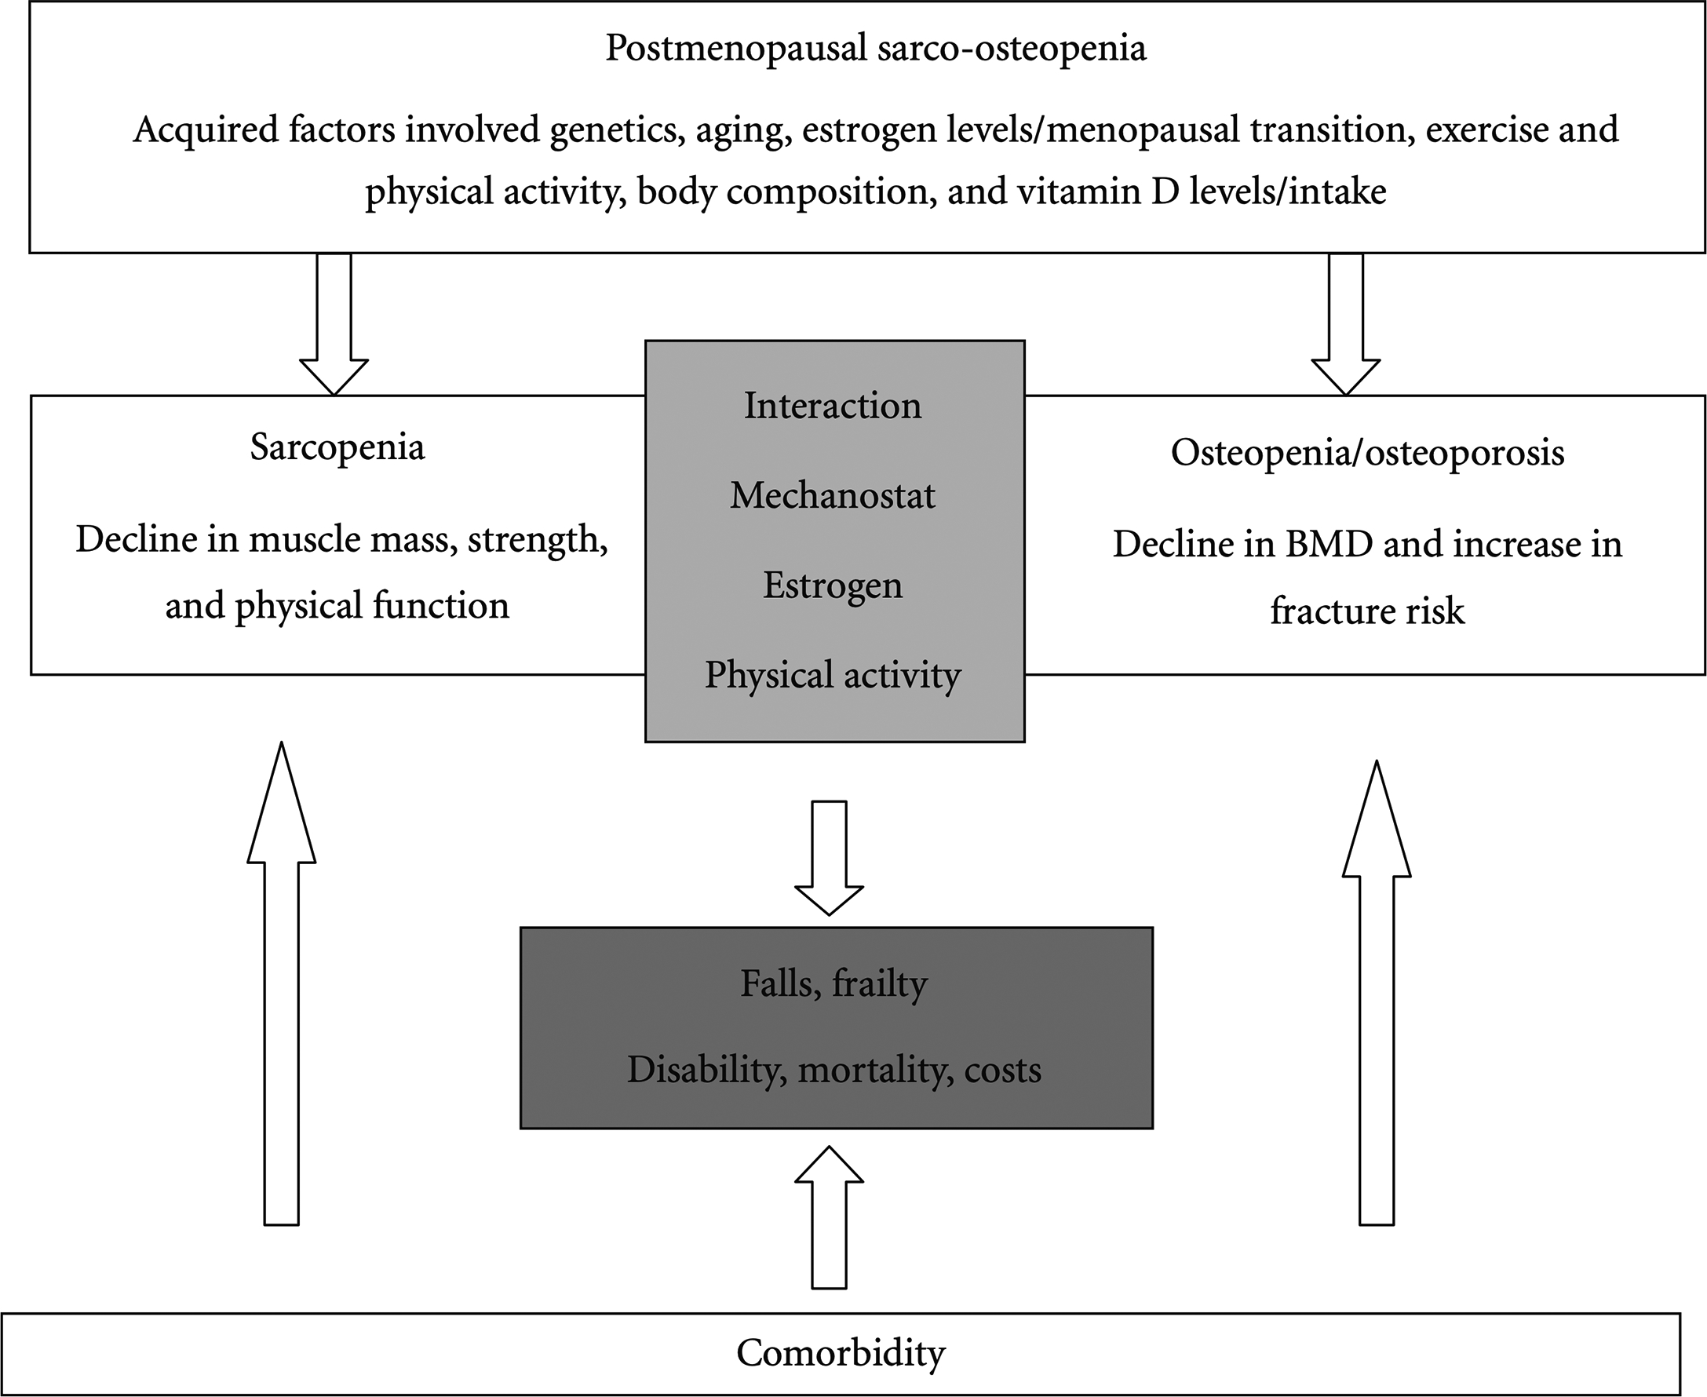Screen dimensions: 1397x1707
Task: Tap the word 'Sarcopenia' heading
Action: tap(337, 447)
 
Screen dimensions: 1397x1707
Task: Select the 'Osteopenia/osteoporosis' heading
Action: tap(1367, 452)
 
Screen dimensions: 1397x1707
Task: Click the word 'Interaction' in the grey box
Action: tap(833, 406)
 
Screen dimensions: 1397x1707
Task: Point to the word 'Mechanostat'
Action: tap(833, 496)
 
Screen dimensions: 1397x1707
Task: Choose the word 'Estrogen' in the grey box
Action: tap(833, 585)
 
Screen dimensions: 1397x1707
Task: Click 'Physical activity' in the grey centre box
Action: tap(833, 674)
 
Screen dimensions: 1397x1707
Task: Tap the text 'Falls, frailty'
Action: tap(833, 983)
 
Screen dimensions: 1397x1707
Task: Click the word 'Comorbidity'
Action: tap(841, 1353)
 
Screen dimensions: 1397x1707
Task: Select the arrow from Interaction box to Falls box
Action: tap(829, 857)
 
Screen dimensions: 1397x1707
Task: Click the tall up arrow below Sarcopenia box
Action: tap(282, 982)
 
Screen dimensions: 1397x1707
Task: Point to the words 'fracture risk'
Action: tap(1367, 611)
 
